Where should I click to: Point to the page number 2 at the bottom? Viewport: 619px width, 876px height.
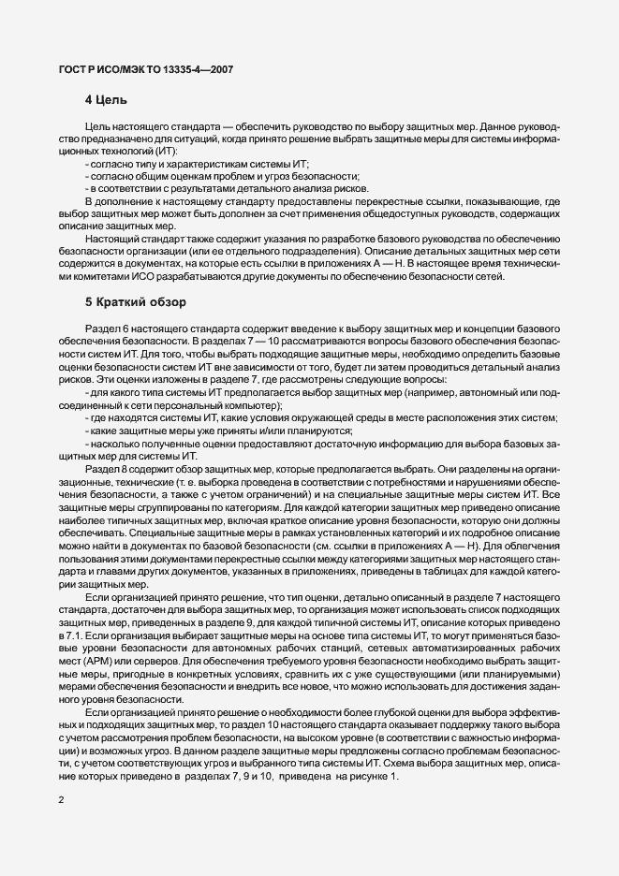(x=61, y=801)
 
